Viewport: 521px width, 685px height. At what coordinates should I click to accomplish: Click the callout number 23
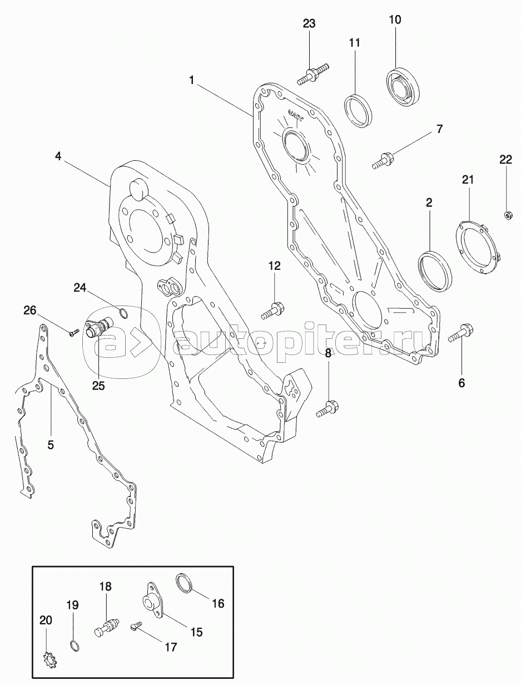pyautogui.click(x=309, y=23)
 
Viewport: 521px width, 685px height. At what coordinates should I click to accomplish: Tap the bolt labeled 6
pyautogui.click(x=459, y=332)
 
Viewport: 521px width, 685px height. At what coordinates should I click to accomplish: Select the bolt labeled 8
pyautogui.click(x=326, y=409)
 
